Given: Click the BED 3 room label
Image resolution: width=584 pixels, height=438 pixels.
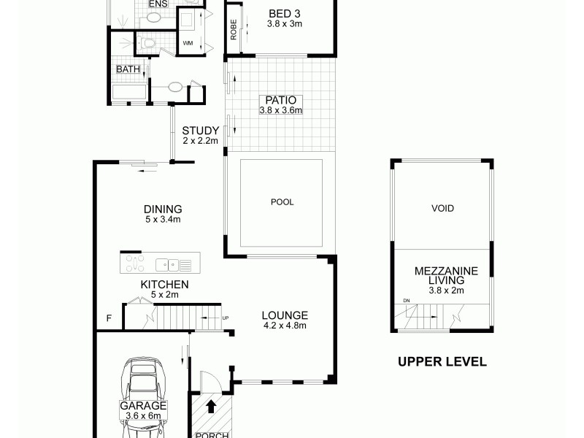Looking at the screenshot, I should tap(285, 14).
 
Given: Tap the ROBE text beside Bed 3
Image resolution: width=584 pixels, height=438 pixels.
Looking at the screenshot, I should tap(234, 28).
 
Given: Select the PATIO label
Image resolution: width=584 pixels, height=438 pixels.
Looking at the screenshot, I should tap(280, 100).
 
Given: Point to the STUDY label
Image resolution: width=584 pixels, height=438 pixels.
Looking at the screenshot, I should tap(200, 131).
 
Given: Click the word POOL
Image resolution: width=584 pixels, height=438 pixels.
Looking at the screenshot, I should tap(282, 202).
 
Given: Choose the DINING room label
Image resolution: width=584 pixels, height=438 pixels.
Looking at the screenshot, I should tap(163, 209).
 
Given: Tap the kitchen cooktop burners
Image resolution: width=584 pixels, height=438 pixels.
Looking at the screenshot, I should tap(135, 262).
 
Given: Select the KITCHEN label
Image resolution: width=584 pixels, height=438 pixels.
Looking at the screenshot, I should tap(165, 285).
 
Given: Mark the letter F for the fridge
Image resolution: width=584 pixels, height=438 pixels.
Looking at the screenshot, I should tap(109, 318).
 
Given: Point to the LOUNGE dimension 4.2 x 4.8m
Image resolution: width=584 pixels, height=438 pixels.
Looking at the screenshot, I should tap(285, 326).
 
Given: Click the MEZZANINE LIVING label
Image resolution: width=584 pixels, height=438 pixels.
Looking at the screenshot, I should tap(445, 275).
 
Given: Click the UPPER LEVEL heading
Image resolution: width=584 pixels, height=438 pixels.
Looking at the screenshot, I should tap(442, 361).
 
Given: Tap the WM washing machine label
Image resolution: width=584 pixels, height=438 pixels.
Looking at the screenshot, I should tap(188, 43).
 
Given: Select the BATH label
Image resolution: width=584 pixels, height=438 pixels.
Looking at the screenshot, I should tap(128, 69).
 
